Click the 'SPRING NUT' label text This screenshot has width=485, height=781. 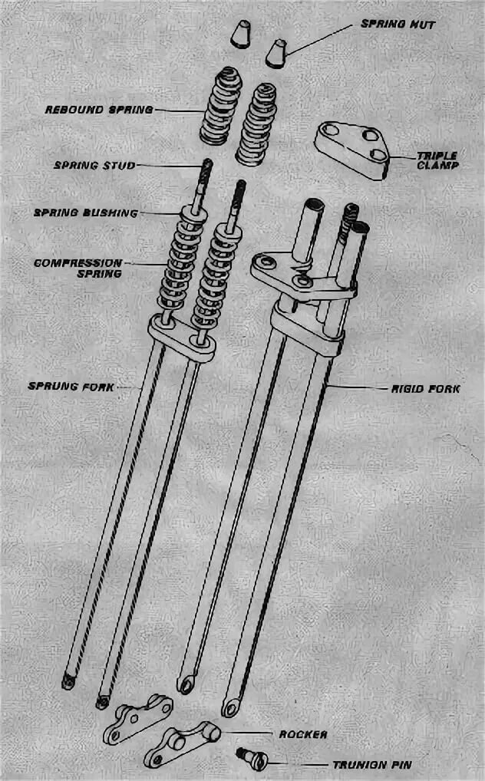pos(398,25)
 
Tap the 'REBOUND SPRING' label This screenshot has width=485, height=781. pos(99,110)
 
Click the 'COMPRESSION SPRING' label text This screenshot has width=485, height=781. pos(79,268)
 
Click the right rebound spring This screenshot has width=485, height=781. pos(256,122)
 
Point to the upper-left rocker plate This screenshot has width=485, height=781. pos(140,718)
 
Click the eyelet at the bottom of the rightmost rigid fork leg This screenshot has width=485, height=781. pos(229,705)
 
